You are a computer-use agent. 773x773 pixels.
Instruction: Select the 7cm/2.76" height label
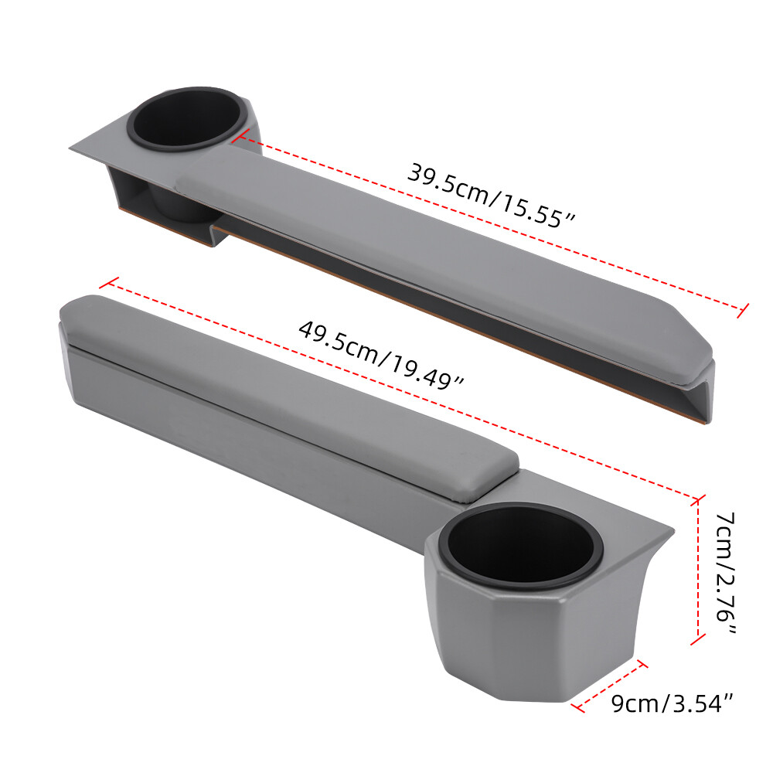[724, 572]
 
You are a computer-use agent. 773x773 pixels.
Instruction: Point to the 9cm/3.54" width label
[671, 703]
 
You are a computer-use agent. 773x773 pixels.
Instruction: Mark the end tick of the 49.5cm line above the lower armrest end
[110, 284]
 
